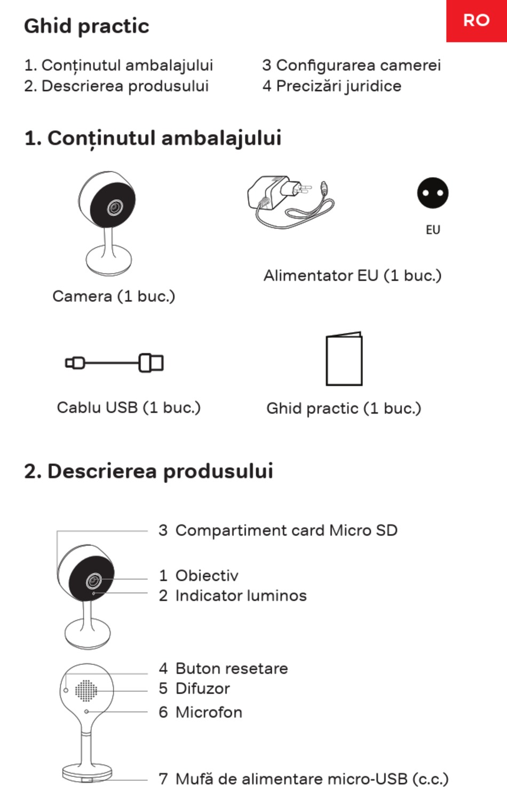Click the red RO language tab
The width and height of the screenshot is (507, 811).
coord(476,20)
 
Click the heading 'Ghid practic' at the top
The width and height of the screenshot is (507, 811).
coord(86,26)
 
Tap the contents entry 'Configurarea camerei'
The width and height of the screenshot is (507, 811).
coord(351,65)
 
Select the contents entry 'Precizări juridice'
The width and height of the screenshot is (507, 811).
coord(331,86)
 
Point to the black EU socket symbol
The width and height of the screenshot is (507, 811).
coord(432,193)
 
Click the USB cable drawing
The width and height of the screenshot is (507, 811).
coord(114,363)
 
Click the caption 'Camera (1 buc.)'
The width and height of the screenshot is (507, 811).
coord(114,296)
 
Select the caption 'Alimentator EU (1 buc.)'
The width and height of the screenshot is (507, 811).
coord(352,275)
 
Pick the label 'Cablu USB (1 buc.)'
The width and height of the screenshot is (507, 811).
coord(129,408)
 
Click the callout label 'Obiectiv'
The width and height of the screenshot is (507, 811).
coord(207,575)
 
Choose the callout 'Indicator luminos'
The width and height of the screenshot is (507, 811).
coord(241,595)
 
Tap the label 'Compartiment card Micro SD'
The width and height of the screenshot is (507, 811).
coord(286,530)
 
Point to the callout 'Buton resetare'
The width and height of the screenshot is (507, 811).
coord(232,668)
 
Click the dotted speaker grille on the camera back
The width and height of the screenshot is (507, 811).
coord(86,690)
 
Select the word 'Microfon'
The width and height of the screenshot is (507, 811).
coord(209,712)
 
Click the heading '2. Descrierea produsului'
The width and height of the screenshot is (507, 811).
coord(148,471)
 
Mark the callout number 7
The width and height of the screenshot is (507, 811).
coord(163,779)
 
